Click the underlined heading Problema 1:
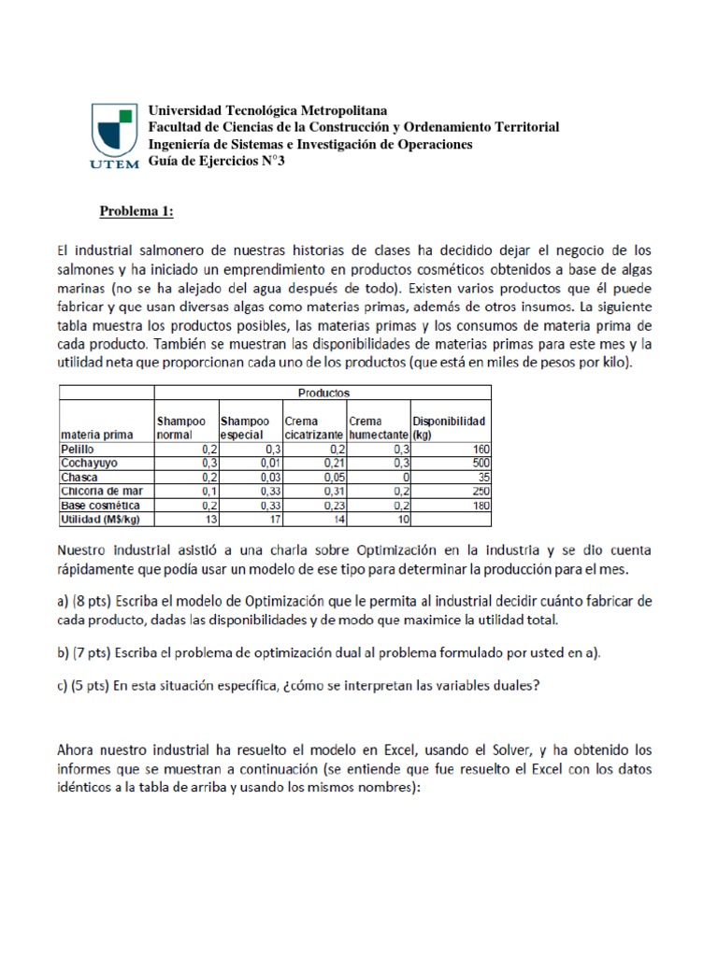[136, 211]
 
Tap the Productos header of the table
[324, 393]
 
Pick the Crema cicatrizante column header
[312, 428]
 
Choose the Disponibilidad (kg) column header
[450, 428]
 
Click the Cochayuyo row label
[87, 463]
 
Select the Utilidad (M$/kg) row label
[98, 519]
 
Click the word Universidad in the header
[181, 111]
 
